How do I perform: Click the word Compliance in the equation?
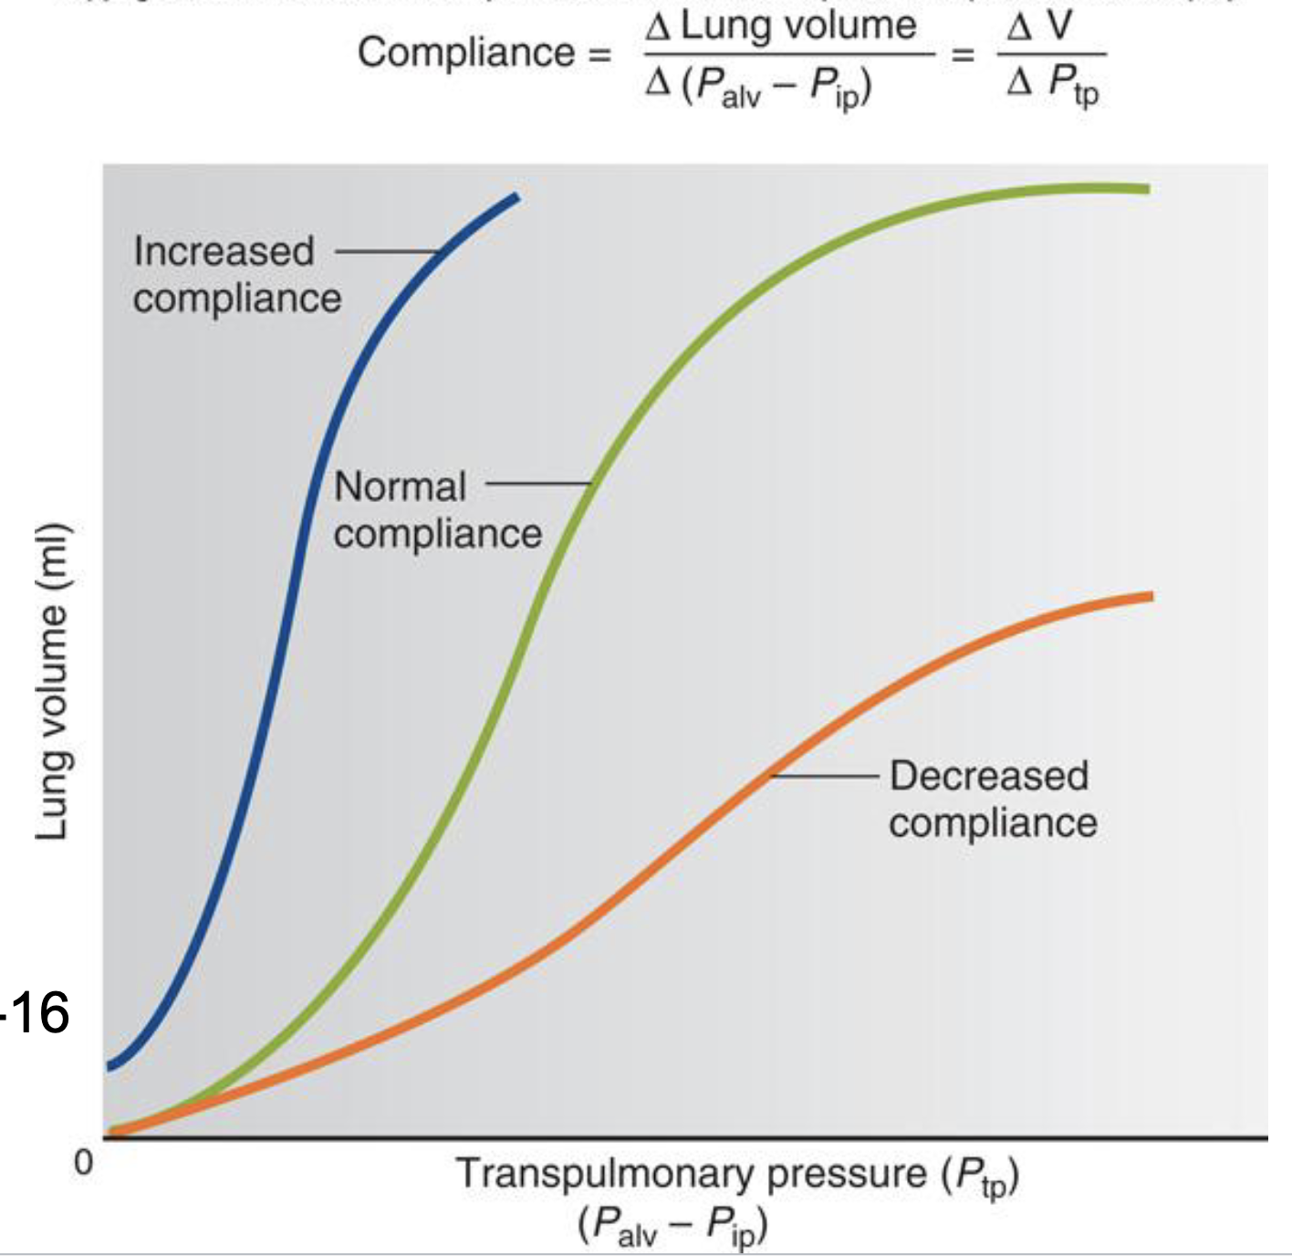pos(465,52)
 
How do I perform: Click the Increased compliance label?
pos(235,274)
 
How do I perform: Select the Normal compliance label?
pos(436,509)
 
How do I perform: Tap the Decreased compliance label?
pos(992,799)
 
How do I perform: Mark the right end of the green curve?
pos(1147,189)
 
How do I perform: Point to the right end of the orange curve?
pos(1151,597)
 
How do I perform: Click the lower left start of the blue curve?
pos(111,1065)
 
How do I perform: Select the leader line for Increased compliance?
pos(387,251)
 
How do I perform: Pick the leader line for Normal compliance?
pos(538,484)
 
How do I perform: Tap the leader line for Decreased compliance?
pos(826,776)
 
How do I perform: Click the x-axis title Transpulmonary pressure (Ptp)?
pos(737,1176)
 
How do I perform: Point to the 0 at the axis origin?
pos(83,1163)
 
